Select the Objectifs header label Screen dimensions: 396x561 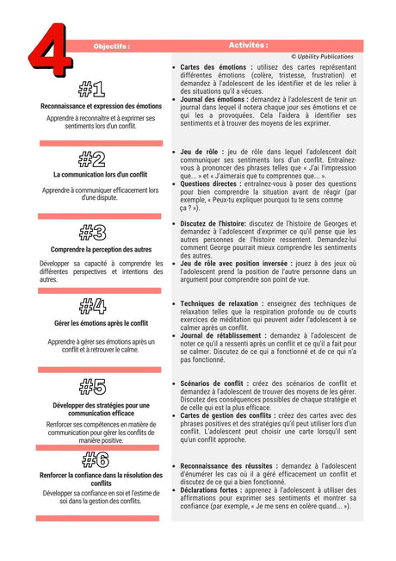pyautogui.click(x=111, y=47)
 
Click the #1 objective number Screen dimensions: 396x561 pyautogui.click(x=91, y=89)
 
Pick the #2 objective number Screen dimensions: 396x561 pyautogui.click(x=91, y=159)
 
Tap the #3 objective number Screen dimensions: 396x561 pyautogui.click(x=91, y=232)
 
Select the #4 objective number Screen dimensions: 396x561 pyautogui.click(x=91, y=306)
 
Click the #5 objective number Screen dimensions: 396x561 pyautogui.click(x=91, y=387)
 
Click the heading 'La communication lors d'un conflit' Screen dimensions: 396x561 pyautogui.click(x=100, y=174)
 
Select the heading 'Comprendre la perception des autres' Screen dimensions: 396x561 pyautogui.click(x=101, y=249)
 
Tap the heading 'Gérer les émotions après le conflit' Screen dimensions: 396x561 pyautogui.click(x=101, y=323)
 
